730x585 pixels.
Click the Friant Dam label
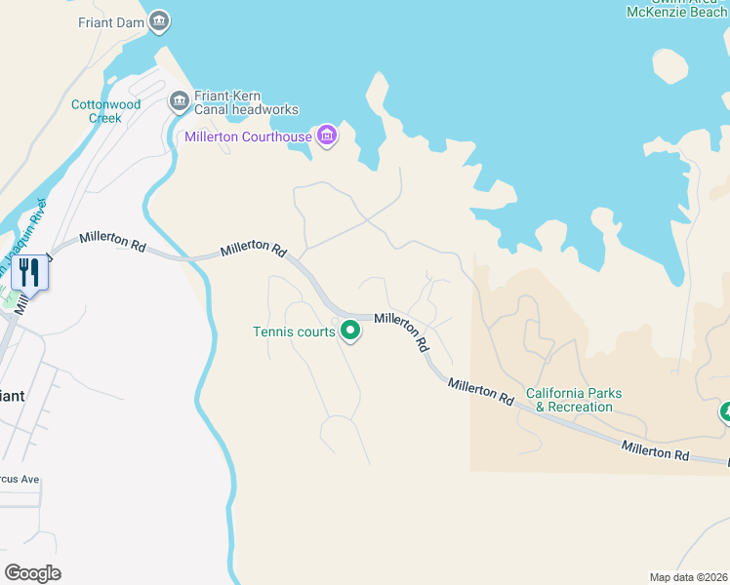coord(110,21)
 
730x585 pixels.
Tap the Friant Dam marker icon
coord(159,20)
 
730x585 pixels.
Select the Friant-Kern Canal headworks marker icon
coord(179,100)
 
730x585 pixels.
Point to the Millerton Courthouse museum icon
coord(326,136)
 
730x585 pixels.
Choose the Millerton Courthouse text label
coord(248,136)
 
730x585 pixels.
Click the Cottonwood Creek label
coord(97,111)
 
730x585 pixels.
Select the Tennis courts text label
coord(294,332)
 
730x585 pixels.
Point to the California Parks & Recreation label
coord(574,400)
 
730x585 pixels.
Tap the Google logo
coord(32,573)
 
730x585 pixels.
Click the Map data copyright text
coord(688,577)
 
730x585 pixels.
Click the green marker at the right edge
coord(725,412)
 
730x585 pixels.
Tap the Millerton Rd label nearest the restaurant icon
coord(112,241)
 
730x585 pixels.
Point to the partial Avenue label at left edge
coord(20,479)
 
